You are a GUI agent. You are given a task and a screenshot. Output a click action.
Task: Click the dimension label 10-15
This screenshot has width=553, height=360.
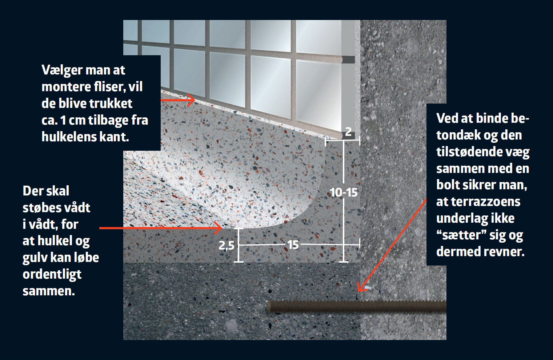[x=344, y=193]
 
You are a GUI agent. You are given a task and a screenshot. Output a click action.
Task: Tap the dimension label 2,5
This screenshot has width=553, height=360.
[x=227, y=246]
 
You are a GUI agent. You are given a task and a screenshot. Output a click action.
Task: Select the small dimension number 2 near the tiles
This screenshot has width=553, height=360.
[x=348, y=132]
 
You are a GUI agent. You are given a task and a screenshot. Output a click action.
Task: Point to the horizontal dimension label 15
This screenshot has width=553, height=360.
[x=293, y=245]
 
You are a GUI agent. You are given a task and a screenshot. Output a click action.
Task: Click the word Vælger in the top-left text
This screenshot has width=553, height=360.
[x=62, y=70]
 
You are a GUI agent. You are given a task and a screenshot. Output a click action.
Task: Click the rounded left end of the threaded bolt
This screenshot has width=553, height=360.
[x=269, y=307]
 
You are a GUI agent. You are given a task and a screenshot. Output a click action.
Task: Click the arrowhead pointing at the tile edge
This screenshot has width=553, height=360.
[x=191, y=100]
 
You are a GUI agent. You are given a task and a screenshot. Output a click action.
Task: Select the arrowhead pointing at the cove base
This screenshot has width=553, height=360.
[x=218, y=228]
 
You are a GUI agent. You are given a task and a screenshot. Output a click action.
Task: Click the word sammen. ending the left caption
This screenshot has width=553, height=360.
[x=49, y=291]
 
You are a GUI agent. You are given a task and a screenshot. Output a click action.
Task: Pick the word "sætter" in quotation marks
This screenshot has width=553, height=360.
[x=461, y=235]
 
